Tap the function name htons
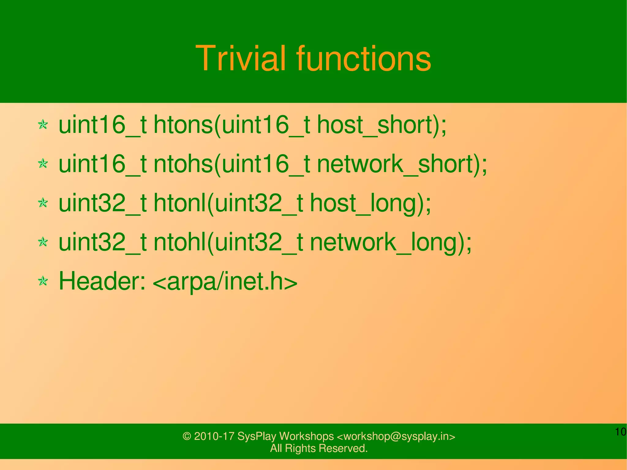[x=183, y=125]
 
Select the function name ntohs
[x=183, y=164]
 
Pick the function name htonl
[x=179, y=203]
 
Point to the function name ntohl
[x=179, y=242]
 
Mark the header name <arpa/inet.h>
[x=225, y=281]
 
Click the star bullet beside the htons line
[x=43, y=125]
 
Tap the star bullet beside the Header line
[x=43, y=281]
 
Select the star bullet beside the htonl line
[x=43, y=203]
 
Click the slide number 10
[x=620, y=432]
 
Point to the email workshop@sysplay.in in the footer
[x=396, y=436]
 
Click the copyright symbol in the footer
[x=186, y=436]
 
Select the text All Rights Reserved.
[x=319, y=448]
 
